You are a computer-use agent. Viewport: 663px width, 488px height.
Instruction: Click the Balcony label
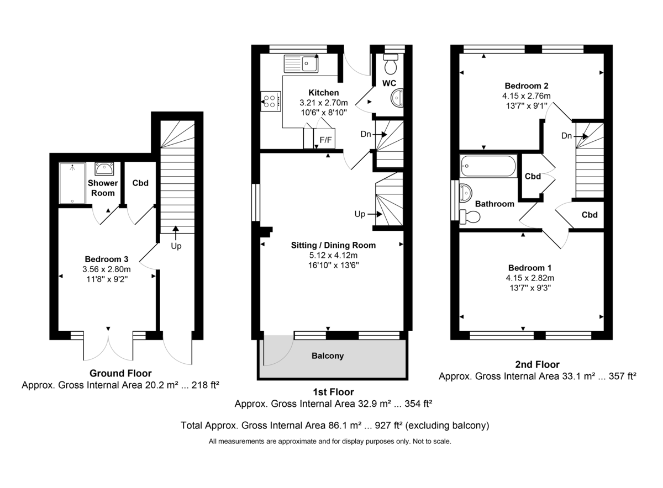tap(328, 356)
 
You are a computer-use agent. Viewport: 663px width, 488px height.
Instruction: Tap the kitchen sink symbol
tap(301, 64)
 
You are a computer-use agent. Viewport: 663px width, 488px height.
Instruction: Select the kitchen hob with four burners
tap(271, 101)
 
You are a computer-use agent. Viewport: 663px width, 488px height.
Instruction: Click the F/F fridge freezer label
tap(326, 140)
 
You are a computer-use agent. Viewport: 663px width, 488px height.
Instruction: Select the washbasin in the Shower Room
tap(104, 168)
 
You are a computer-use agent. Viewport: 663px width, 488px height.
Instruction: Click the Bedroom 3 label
tap(107, 259)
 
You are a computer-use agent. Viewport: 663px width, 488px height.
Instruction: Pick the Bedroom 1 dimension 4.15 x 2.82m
tap(527, 278)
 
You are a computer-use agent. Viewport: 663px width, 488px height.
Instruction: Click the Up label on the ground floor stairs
tap(176, 246)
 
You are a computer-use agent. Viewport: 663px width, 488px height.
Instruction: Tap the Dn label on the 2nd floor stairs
tap(566, 136)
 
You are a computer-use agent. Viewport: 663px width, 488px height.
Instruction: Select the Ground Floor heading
tap(120, 374)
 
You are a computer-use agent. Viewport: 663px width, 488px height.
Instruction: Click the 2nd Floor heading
tap(537, 364)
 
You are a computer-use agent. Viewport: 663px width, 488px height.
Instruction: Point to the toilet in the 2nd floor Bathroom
tap(470, 218)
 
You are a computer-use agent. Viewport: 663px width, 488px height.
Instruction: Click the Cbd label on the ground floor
tap(141, 183)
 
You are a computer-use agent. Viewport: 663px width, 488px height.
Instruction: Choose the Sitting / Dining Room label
tap(333, 245)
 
